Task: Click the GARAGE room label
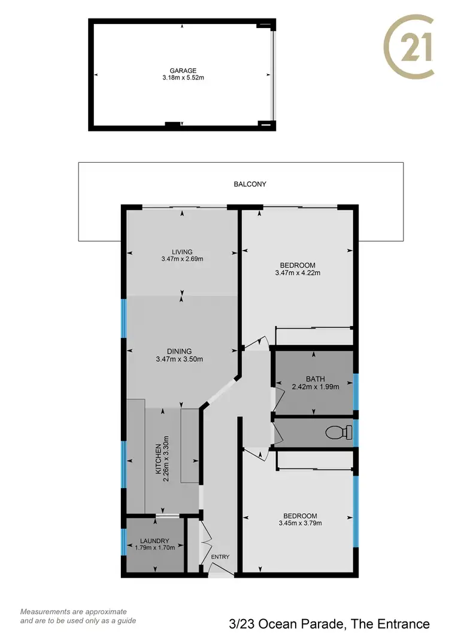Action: click(183, 71)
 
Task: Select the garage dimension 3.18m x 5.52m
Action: click(183, 78)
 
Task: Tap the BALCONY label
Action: click(250, 184)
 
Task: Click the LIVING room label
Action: click(183, 252)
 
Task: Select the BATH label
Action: click(315, 379)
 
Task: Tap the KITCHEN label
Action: click(159, 459)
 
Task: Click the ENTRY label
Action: click(220, 557)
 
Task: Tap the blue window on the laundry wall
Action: click(123, 542)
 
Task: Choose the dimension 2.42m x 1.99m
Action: click(315, 386)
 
